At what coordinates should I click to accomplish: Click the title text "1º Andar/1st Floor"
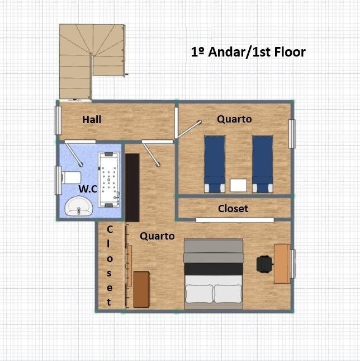[x=248, y=52]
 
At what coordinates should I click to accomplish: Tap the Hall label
[x=92, y=119]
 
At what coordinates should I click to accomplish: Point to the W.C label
[x=88, y=189]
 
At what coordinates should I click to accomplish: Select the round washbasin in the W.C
[x=79, y=206]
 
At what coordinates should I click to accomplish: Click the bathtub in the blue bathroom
[x=109, y=180]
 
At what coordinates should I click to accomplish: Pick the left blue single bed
[x=215, y=164]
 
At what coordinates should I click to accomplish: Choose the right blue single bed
[x=263, y=164]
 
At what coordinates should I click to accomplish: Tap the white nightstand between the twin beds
[x=239, y=185]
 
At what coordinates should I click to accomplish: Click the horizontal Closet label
[x=233, y=209]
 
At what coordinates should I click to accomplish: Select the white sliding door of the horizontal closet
[x=235, y=220]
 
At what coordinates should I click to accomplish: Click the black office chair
[x=264, y=264]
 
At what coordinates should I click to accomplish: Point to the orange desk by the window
[x=282, y=264]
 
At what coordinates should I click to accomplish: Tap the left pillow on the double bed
[x=199, y=294]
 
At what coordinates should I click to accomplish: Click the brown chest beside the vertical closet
[x=141, y=289]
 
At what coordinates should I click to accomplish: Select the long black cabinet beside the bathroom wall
[x=132, y=187]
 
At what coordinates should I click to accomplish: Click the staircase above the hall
[x=92, y=62]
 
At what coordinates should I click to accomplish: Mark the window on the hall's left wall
[x=58, y=120]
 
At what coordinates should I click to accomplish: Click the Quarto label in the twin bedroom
[x=234, y=119]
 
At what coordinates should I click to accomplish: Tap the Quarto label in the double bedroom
[x=157, y=236]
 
